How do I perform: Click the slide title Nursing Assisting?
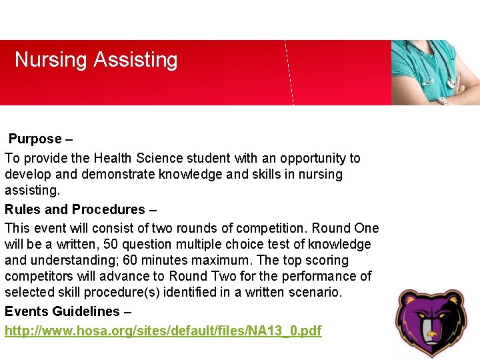[96, 60]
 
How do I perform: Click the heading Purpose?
[35, 139]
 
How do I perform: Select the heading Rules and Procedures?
[75, 209]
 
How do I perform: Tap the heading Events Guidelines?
[62, 311]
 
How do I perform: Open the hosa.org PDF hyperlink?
[163, 331]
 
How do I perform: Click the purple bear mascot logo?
[430, 324]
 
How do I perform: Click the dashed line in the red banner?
[289, 73]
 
